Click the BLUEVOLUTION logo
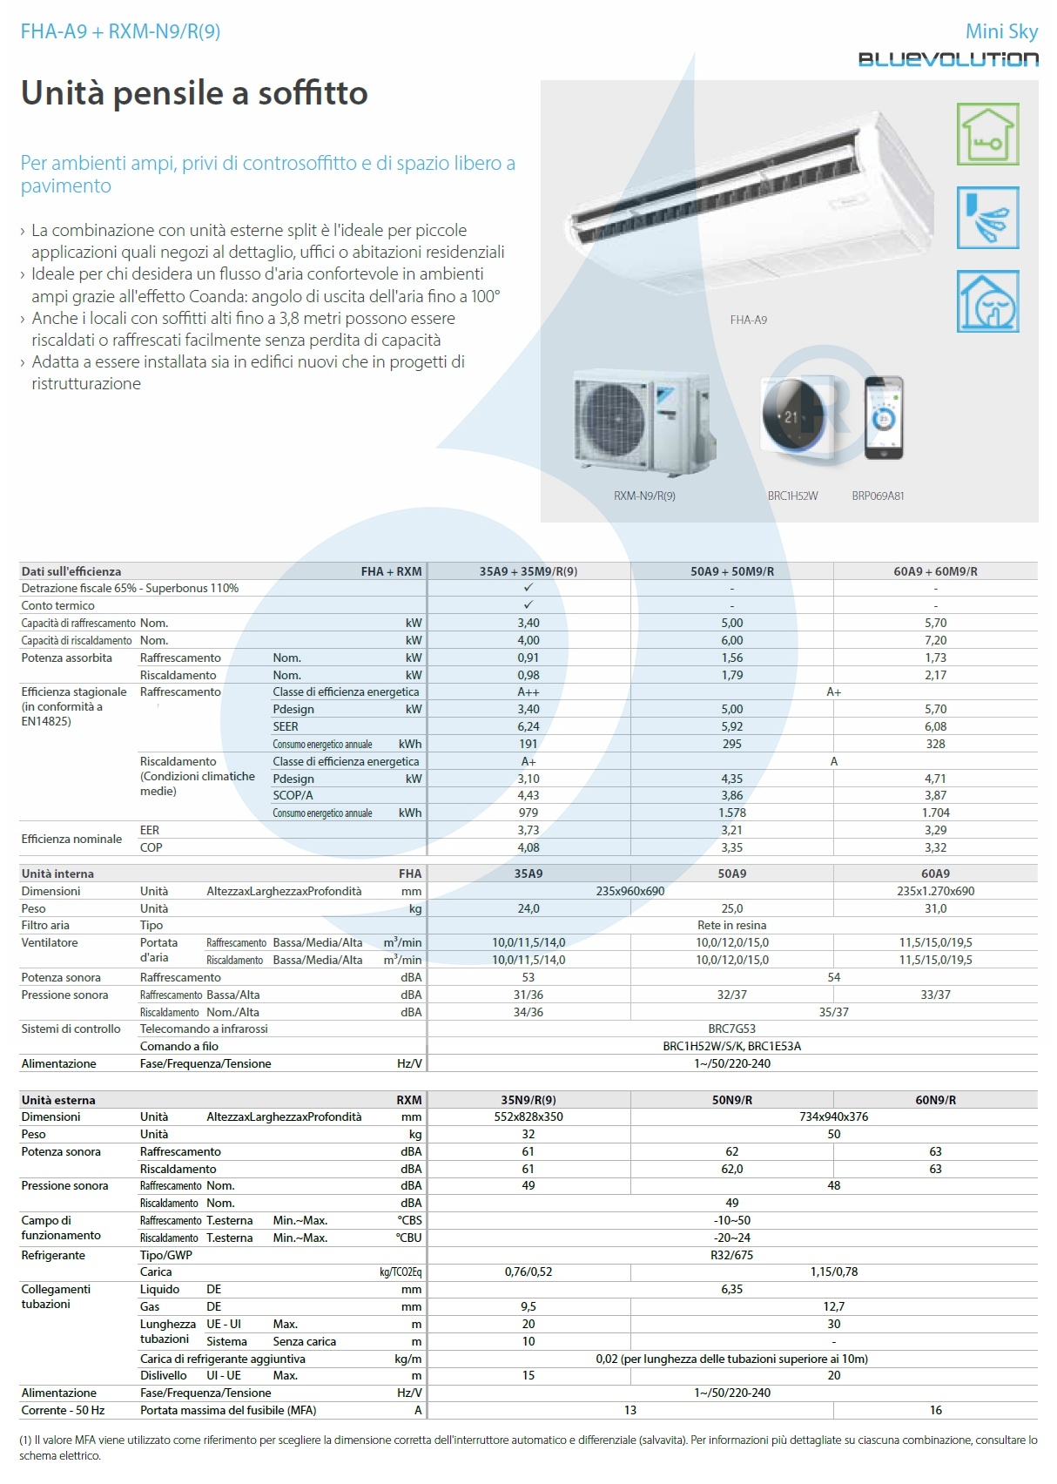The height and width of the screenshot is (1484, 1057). [x=948, y=59]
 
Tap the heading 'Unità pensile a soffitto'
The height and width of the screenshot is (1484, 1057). [x=194, y=93]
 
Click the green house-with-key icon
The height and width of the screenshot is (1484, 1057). [x=987, y=134]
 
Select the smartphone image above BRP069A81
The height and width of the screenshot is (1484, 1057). [x=884, y=418]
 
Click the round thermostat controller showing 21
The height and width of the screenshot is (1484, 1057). [x=792, y=415]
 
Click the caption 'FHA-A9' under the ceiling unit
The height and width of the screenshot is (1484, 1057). [x=749, y=320]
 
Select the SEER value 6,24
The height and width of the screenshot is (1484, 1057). [x=528, y=726]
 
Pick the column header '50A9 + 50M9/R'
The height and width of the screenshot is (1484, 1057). [x=732, y=571]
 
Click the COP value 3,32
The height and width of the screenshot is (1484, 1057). [x=935, y=847]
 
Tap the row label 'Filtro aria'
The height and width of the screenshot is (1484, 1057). [x=45, y=925]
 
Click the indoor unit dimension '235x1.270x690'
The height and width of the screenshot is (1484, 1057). [x=935, y=891]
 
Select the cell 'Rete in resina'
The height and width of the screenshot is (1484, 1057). [x=732, y=925]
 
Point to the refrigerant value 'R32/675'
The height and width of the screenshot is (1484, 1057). [x=732, y=1255]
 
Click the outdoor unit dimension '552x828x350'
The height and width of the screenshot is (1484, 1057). [x=528, y=1116]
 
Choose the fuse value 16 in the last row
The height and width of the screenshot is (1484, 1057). [x=935, y=1410]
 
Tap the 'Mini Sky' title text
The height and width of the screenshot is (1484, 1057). [x=1001, y=31]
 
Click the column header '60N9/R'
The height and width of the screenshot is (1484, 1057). [x=935, y=1100]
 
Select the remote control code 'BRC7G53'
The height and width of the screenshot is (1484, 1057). [x=732, y=1029]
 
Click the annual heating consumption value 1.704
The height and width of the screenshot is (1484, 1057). [x=935, y=813]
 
